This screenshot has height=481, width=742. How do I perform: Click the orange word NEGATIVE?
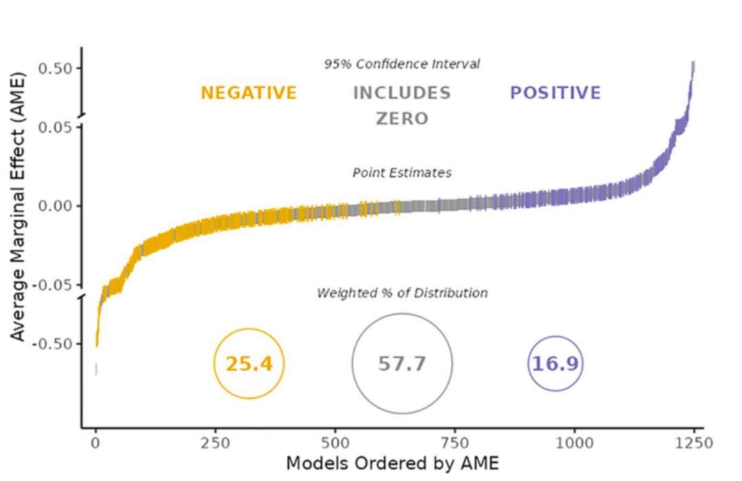(x=249, y=93)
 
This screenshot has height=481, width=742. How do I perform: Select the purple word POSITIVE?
(x=555, y=93)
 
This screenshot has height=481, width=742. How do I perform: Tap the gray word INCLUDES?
(x=402, y=93)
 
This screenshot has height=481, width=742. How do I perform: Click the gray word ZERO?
(x=402, y=118)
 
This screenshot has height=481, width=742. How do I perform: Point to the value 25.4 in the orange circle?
(x=249, y=363)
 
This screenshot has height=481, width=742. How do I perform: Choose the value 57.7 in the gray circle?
(x=403, y=363)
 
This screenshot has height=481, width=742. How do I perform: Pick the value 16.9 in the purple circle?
(x=555, y=363)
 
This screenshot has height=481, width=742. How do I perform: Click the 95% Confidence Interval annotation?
(x=402, y=64)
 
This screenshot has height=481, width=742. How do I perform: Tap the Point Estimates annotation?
(x=402, y=173)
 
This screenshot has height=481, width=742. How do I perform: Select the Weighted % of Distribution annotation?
(x=402, y=293)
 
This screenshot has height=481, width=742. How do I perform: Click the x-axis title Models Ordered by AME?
(x=392, y=462)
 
